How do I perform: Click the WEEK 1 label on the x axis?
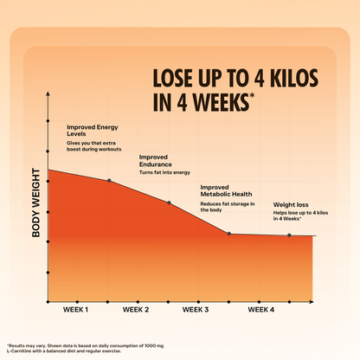(75, 309)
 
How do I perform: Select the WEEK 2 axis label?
(136, 309)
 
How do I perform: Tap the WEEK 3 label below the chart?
(196, 309)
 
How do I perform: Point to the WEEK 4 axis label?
(260, 309)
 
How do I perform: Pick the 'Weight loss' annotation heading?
(292, 205)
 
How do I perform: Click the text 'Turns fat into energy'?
(164, 173)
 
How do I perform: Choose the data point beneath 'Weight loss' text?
(289, 235)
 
